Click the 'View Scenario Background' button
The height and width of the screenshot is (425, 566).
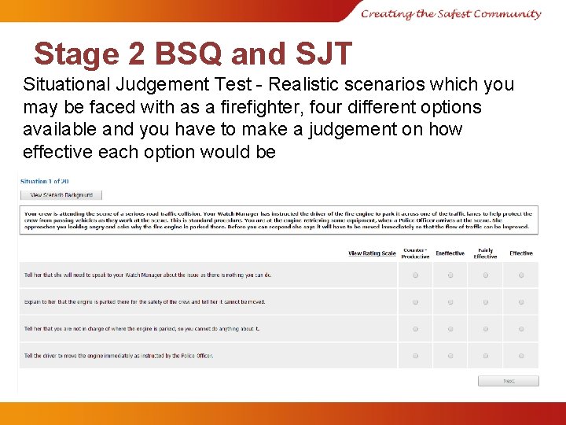pos(61,194)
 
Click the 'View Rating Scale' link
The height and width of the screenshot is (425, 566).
pos(372,253)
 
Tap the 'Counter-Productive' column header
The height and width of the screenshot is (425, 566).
pos(415,253)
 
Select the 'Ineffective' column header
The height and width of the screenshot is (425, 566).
pos(450,253)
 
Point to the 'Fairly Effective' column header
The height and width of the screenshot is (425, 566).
pos(485,253)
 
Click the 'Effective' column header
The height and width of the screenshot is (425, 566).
pos(520,253)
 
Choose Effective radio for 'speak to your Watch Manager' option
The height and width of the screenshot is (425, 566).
pos(521,275)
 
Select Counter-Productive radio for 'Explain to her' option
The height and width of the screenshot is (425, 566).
pos(416,302)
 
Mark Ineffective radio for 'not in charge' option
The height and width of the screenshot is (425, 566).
pos(450,329)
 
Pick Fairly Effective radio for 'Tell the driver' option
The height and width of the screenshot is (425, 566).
pos(486,356)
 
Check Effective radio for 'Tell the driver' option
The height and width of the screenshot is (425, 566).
pos(521,356)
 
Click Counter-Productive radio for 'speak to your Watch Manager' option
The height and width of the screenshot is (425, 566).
pos(416,275)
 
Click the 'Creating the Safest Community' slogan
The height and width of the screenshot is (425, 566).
pos(451,13)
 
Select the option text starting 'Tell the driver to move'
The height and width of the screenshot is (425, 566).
pos(119,356)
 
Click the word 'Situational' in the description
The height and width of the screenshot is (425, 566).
pos(70,84)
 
